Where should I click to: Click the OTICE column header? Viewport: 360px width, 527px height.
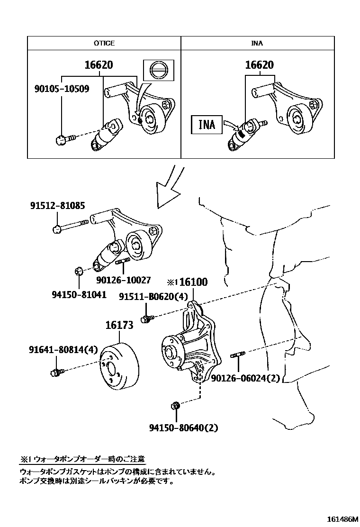tap(104, 43)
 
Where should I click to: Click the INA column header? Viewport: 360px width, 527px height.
tap(257, 43)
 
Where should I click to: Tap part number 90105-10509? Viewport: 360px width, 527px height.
tap(62, 88)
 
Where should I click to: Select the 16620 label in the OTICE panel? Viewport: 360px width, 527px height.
tap(99, 65)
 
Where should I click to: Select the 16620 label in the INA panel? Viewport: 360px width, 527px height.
tap(259, 65)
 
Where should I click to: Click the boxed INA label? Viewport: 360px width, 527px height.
tap(207, 125)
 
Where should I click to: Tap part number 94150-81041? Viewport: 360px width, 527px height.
tap(79, 294)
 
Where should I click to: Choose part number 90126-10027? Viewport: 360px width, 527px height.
tap(124, 280)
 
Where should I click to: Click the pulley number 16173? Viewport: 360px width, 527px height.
tap(119, 325)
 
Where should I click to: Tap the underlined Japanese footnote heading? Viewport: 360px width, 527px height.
tap(82, 459)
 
